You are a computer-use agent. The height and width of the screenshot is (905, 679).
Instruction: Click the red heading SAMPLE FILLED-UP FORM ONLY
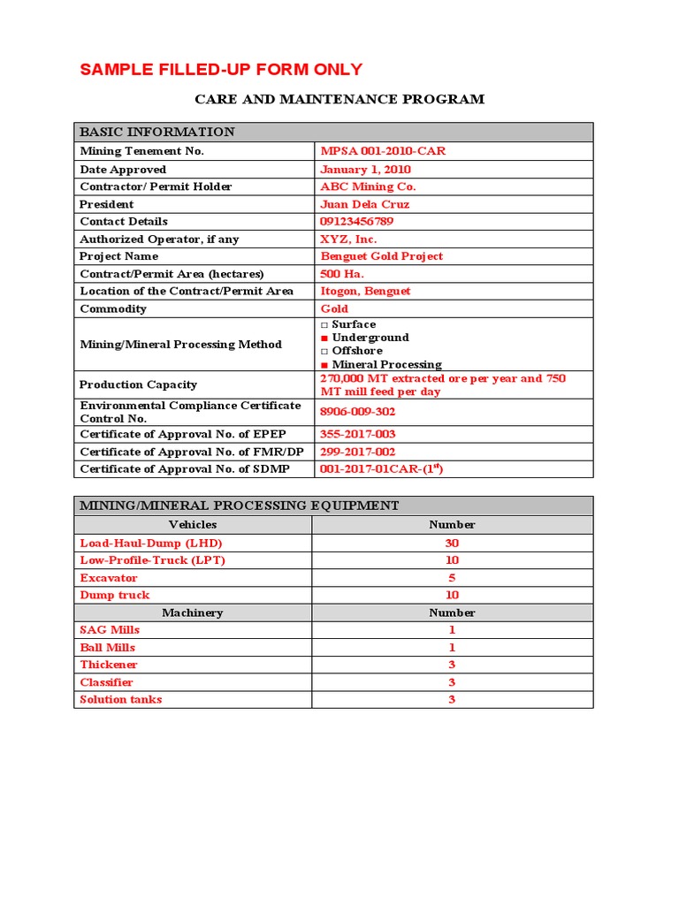click(x=221, y=70)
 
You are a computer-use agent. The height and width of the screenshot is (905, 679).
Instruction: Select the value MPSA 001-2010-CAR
click(x=383, y=151)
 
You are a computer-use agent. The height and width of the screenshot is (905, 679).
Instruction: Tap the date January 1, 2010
click(x=365, y=169)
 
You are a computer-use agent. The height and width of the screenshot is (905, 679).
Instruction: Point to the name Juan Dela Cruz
click(x=364, y=204)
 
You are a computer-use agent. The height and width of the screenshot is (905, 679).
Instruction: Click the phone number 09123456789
click(x=369, y=221)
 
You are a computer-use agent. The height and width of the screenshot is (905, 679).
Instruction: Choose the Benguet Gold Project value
click(x=381, y=256)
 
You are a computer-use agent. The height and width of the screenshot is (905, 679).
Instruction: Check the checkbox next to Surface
click(x=324, y=324)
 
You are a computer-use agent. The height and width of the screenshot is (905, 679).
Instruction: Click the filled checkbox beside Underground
click(x=324, y=338)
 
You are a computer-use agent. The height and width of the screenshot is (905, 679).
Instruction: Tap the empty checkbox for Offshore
click(x=324, y=351)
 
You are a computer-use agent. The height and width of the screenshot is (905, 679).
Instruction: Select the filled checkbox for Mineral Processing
click(x=324, y=364)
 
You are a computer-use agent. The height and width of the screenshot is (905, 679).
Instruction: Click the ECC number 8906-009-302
click(x=357, y=412)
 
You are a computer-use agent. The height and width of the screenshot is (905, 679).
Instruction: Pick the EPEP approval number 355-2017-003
click(x=357, y=434)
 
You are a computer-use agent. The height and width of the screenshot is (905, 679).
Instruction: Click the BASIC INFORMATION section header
click(x=157, y=133)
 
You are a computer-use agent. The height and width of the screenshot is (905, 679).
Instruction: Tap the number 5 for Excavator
click(x=452, y=578)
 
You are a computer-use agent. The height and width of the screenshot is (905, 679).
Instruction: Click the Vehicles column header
click(x=192, y=525)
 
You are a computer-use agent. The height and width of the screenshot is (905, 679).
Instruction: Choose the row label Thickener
click(x=109, y=665)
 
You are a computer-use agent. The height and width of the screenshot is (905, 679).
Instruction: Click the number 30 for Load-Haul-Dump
click(x=452, y=543)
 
